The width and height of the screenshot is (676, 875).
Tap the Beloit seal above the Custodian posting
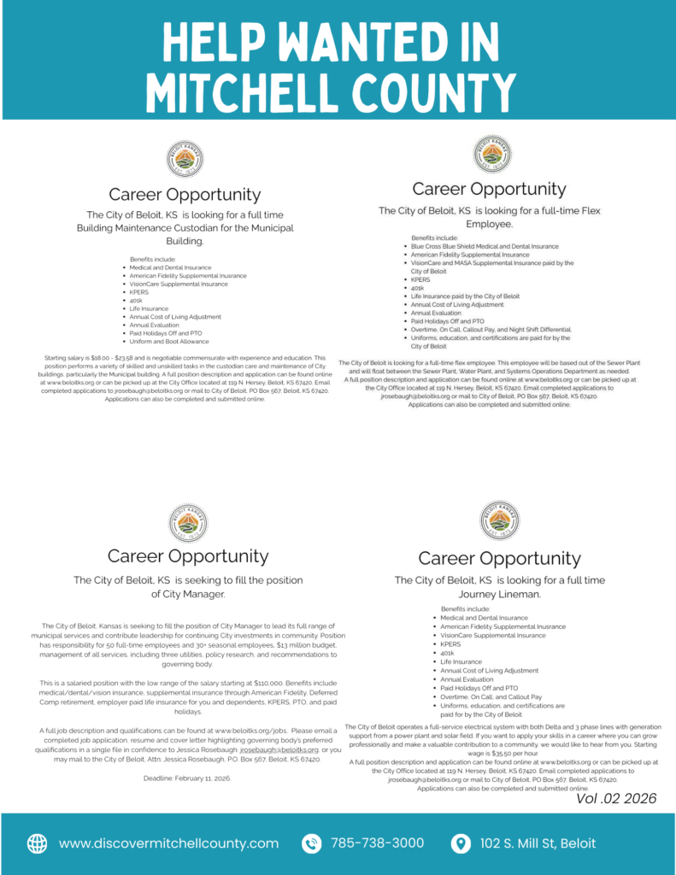pyautogui.click(x=185, y=160)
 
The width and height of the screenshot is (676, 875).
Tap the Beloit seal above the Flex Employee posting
pyautogui.click(x=491, y=154)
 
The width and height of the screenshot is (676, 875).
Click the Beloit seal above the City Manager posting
pyautogui.click(x=187, y=523)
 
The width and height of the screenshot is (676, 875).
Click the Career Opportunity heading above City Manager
pyautogui.click(x=187, y=556)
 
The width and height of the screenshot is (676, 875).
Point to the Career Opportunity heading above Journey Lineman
pyautogui.click(x=499, y=558)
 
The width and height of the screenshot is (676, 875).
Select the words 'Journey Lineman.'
pyautogui.click(x=499, y=594)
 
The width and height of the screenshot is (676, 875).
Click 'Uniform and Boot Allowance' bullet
pyautogui.click(x=169, y=341)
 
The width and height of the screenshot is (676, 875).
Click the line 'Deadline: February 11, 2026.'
pyautogui.click(x=187, y=778)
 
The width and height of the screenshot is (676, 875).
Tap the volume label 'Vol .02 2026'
pyautogui.click(x=616, y=798)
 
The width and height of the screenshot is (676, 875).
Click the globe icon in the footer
pyautogui.click(x=38, y=843)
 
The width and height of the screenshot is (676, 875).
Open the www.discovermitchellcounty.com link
pyautogui.click(x=168, y=843)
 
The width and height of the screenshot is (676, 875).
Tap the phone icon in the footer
pyautogui.click(x=312, y=843)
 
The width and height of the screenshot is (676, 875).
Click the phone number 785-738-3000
pyautogui.click(x=377, y=843)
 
